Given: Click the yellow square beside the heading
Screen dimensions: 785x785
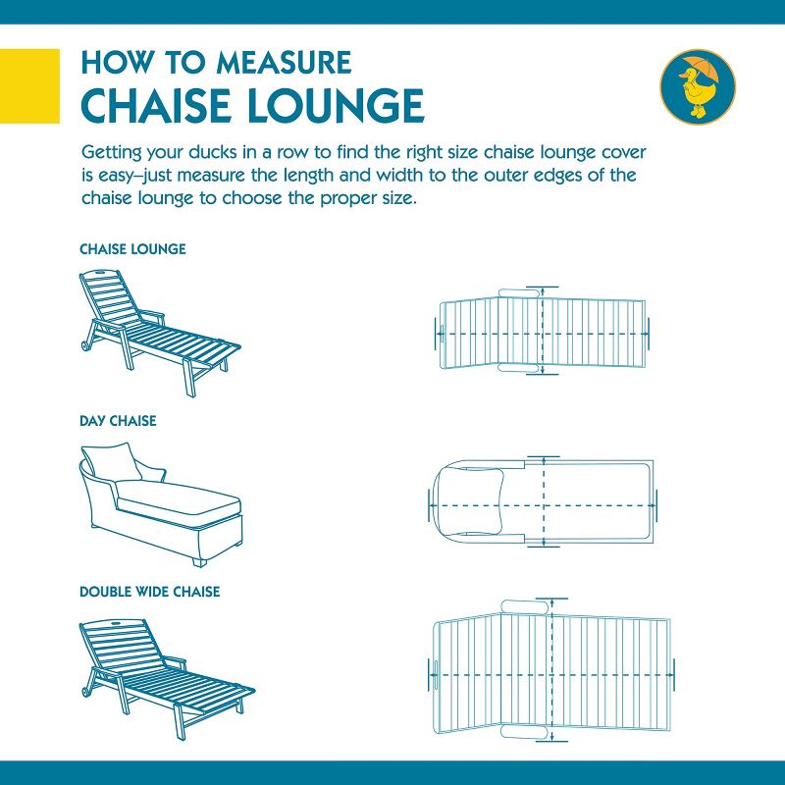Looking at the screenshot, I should [x=22, y=85].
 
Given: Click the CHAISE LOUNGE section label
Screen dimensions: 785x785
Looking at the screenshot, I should [x=132, y=249].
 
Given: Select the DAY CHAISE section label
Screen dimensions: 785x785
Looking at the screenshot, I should [x=118, y=421].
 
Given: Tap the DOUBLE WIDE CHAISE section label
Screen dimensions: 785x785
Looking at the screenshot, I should [x=149, y=592].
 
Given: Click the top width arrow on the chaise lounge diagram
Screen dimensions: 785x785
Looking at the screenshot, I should [x=541, y=293].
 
